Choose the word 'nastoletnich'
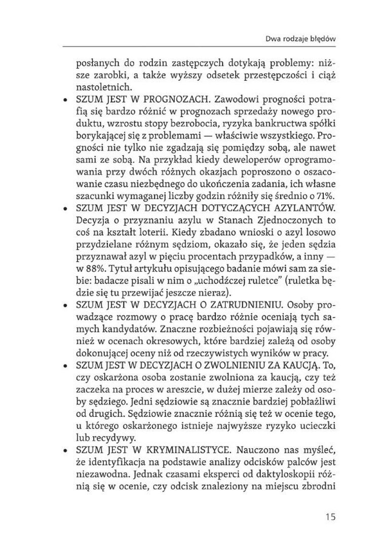click(x=98, y=87)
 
